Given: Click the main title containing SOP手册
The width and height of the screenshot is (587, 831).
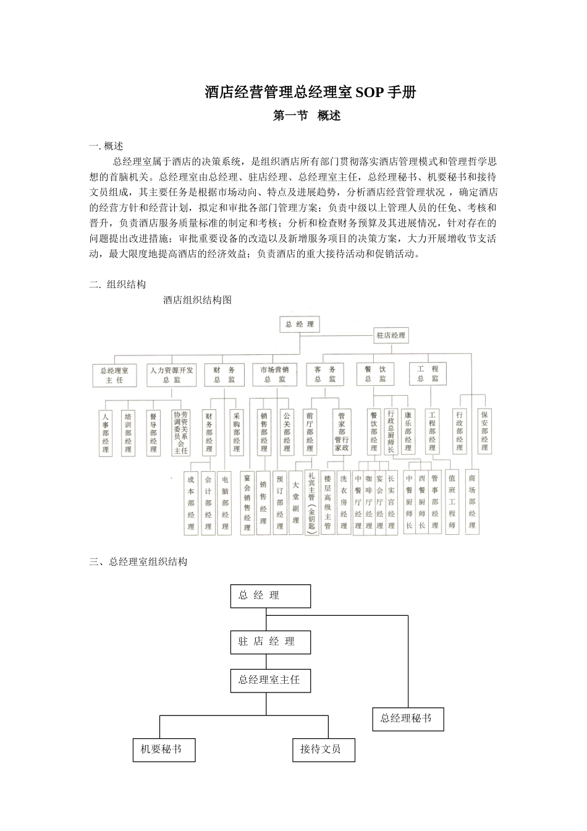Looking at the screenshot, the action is click(x=310, y=93).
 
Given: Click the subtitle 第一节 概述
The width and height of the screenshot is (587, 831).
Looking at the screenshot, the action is click(x=307, y=116).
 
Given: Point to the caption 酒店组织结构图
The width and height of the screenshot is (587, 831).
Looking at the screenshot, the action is click(x=197, y=300).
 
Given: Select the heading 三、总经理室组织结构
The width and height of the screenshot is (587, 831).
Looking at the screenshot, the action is click(x=138, y=561).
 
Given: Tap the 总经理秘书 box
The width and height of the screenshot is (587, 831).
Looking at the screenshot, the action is click(x=408, y=718).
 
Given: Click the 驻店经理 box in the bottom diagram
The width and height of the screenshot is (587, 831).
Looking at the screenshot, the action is click(x=270, y=642).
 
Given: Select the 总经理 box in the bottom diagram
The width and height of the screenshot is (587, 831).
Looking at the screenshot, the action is click(x=270, y=595).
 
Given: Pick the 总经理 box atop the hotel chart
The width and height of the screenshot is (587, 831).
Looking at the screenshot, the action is click(x=300, y=324).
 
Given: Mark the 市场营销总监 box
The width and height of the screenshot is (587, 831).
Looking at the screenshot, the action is click(x=274, y=374).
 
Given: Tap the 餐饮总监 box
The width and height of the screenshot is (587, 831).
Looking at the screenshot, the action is click(x=375, y=374).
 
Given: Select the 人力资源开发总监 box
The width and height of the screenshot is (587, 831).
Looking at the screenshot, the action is click(x=171, y=374).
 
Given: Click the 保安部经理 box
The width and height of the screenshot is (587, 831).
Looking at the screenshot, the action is click(x=484, y=431).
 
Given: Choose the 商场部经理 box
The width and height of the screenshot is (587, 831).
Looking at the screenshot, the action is click(x=471, y=501).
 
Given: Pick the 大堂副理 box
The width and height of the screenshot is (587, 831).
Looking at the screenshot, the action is click(x=296, y=502).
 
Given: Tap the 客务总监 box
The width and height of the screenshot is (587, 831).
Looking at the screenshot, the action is click(x=325, y=374).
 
